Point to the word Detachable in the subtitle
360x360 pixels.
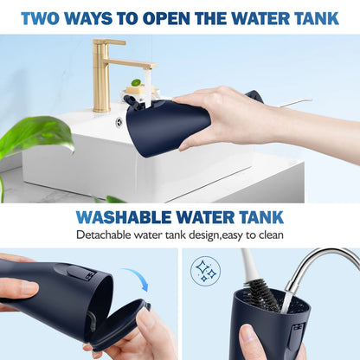click(105, 235)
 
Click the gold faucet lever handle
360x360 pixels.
click(110, 43)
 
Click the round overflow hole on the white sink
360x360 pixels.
click(119, 122)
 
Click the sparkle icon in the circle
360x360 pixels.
click(206, 270)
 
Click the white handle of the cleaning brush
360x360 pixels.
click(247, 262)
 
